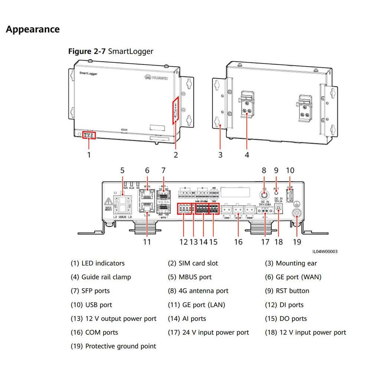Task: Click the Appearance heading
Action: (33, 29)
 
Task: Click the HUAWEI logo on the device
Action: (156, 77)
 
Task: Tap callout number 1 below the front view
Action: (89, 154)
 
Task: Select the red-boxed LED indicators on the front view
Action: (89, 135)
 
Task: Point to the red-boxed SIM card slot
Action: (175, 110)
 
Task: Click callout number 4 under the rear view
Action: (247, 154)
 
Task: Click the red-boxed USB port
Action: (290, 194)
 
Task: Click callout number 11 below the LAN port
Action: (147, 242)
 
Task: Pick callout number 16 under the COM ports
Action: (238, 242)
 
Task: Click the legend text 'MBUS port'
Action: (195, 277)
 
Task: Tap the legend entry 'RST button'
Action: (292, 291)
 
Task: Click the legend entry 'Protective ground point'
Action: (120, 346)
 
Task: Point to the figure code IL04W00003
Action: (325, 252)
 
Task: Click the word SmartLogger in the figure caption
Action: (130, 51)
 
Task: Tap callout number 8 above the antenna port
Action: (264, 170)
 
